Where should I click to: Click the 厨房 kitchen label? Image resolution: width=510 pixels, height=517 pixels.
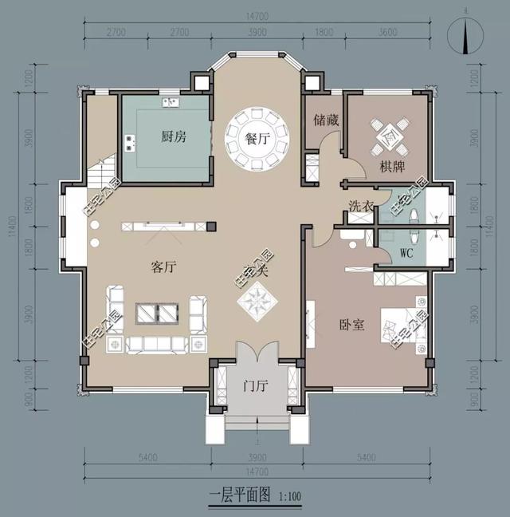[174, 137]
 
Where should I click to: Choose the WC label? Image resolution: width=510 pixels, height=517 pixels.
[405, 254]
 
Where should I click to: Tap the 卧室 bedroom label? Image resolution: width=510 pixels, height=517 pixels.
[351, 325]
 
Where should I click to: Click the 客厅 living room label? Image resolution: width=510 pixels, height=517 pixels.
[163, 267]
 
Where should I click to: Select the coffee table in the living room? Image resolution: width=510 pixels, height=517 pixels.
[157, 314]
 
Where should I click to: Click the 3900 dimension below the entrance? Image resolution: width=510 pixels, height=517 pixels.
[257, 460]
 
